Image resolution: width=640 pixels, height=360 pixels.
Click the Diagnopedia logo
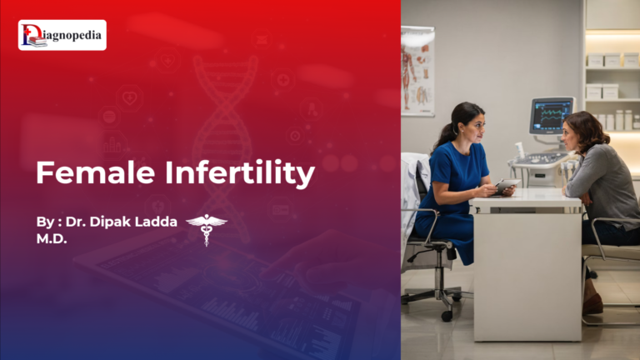tap(62, 35)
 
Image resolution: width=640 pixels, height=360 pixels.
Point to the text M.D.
tap(52, 238)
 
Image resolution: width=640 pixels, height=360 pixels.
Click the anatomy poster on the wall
tap(417, 71)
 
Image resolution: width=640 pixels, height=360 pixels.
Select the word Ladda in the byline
tap(158, 222)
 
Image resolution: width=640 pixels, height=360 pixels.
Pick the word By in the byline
tap(44, 222)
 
